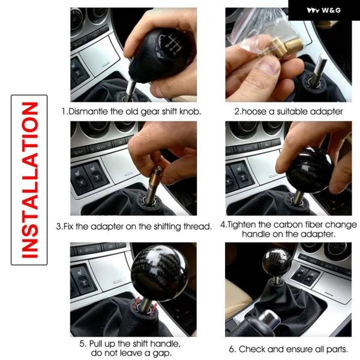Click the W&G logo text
tap(331, 10)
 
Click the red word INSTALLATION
tap(29, 180)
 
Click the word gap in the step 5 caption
tap(162, 353)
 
